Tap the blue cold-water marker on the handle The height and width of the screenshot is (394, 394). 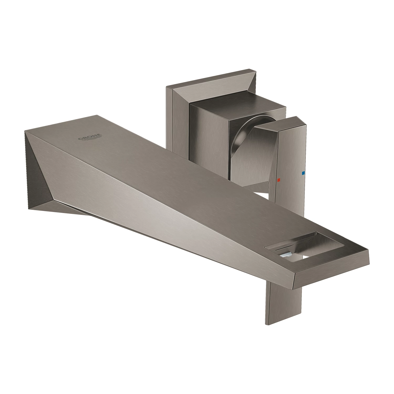(x=303, y=173)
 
